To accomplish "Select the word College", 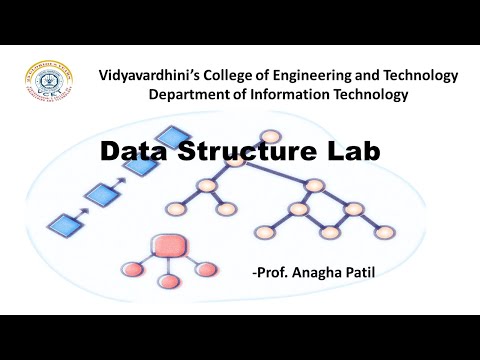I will click(229, 75).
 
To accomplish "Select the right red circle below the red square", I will click(205, 269).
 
